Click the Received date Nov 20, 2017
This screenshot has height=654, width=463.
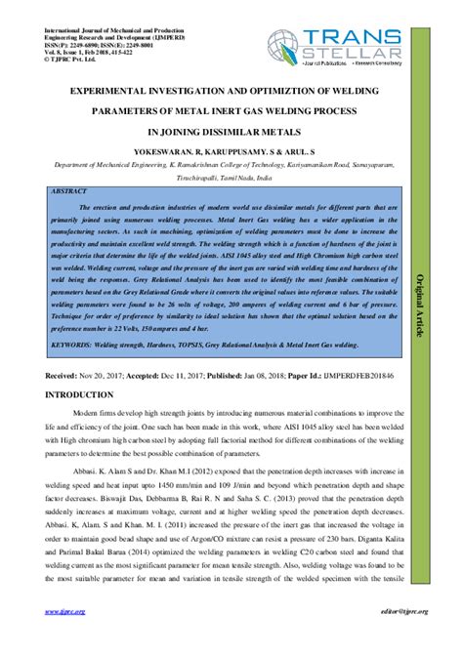105,375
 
